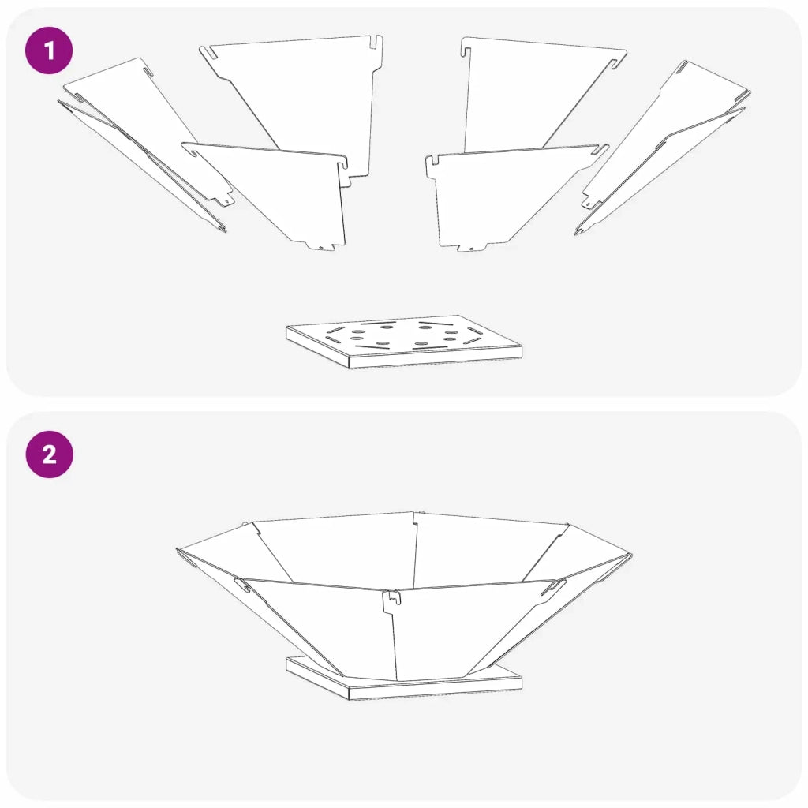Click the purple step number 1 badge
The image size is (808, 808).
coord(49,50)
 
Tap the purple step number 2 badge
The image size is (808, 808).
coord(50,454)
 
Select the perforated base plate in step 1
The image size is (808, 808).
coord(404,341)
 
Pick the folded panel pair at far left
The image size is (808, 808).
coord(145,144)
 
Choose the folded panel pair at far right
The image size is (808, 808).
coord(663,148)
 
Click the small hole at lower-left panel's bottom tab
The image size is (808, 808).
coord(320,248)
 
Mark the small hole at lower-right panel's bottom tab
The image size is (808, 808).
coord(472,249)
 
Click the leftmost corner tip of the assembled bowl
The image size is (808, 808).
coord(177,549)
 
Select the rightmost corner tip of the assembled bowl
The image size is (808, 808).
coord(632,555)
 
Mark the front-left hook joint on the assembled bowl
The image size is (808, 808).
coord(242,585)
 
